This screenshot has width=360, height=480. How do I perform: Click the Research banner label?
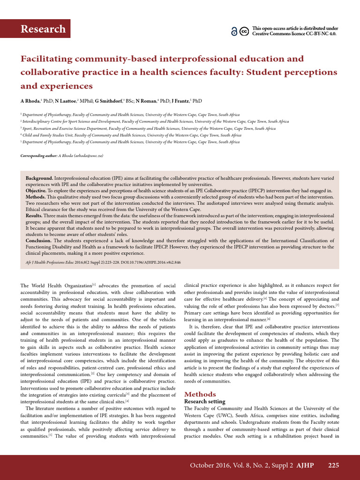43,29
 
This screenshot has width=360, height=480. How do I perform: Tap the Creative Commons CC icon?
244,31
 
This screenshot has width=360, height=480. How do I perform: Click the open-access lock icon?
234,31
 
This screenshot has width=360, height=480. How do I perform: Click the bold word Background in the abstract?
39,179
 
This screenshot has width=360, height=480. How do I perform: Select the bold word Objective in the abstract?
36,191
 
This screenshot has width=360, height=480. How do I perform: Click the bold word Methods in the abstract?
36,197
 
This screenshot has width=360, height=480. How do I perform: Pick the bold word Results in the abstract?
34,216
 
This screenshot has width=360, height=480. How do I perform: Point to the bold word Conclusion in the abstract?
38,240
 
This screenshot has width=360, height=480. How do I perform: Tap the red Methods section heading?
200,394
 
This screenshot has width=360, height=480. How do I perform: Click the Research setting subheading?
204,402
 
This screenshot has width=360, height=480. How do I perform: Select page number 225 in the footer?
333,465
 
